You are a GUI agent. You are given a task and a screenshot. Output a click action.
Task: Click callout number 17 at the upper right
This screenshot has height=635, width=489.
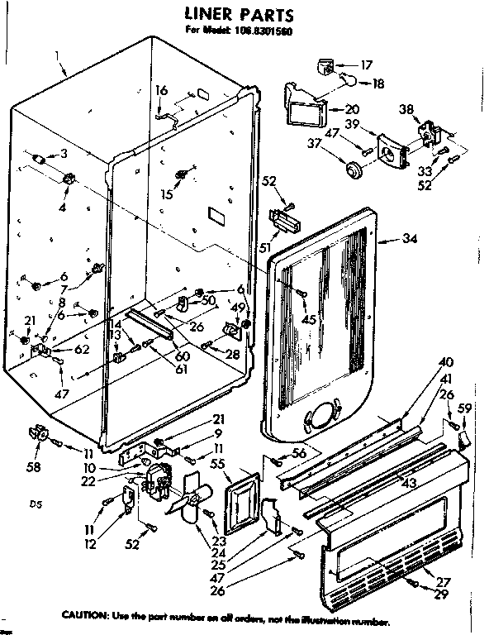(367, 64)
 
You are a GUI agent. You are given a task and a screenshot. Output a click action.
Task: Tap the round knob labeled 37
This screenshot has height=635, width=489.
(354, 169)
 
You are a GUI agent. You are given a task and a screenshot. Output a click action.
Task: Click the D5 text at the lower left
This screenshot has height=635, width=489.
(34, 502)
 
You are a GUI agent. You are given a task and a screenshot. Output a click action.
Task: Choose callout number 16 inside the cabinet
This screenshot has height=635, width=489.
(162, 90)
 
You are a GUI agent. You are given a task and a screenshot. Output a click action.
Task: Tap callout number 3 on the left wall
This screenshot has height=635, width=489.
(64, 154)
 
